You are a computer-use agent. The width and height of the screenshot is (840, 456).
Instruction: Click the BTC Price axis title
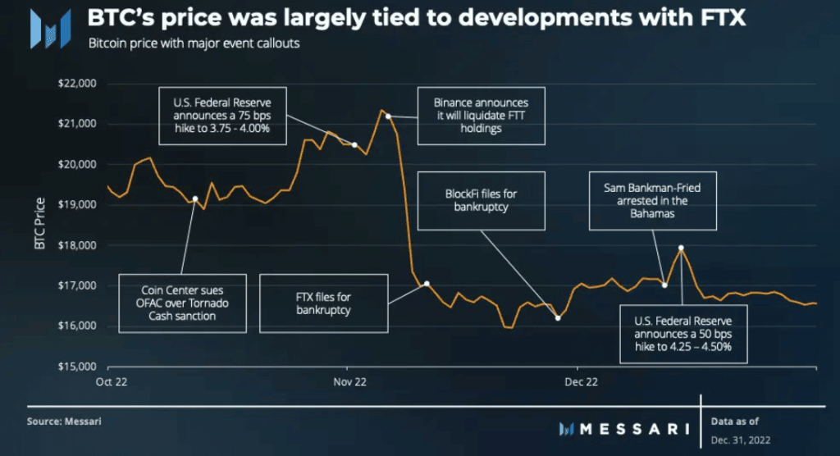tap(40, 225)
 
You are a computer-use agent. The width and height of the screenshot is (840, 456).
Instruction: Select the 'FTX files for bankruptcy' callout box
tap(322, 303)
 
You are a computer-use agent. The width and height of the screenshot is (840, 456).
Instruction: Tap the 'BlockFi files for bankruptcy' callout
tap(481, 201)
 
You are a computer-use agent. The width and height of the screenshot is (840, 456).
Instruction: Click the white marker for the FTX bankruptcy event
tap(427, 284)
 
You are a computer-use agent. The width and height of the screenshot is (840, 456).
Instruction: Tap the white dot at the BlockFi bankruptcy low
tap(558, 318)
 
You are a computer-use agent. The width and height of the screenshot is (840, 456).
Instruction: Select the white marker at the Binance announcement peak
tap(388, 116)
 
